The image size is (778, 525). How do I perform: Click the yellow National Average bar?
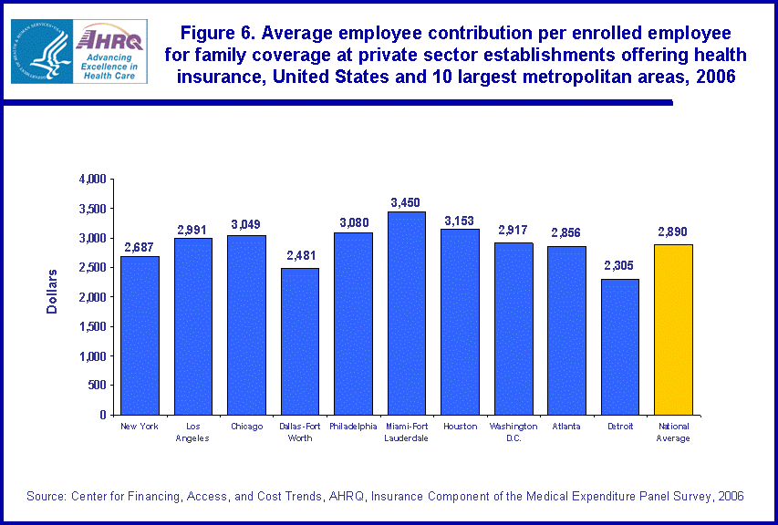[x=673, y=329]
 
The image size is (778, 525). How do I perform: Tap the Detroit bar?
[x=619, y=346]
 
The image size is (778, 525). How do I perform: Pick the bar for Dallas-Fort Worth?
[x=299, y=341]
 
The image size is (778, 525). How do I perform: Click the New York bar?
[x=140, y=335]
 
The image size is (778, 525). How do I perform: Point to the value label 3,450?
[x=406, y=202]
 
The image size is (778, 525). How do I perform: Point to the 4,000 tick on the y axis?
[x=93, y=179]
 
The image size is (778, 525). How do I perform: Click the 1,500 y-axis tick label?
[x=93, y=326]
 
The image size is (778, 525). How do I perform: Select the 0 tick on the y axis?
[x=102, y=415]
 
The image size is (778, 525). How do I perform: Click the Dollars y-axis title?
[x=52, y=292]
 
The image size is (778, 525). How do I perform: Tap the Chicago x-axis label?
[x=246, y=427]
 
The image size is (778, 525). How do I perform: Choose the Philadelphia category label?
[x=353, y=427]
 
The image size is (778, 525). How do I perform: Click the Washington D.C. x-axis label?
[x=513, y=432]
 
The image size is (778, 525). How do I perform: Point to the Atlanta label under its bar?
[x=566, y=427]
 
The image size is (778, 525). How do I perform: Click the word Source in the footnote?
[x=43, y=496]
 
